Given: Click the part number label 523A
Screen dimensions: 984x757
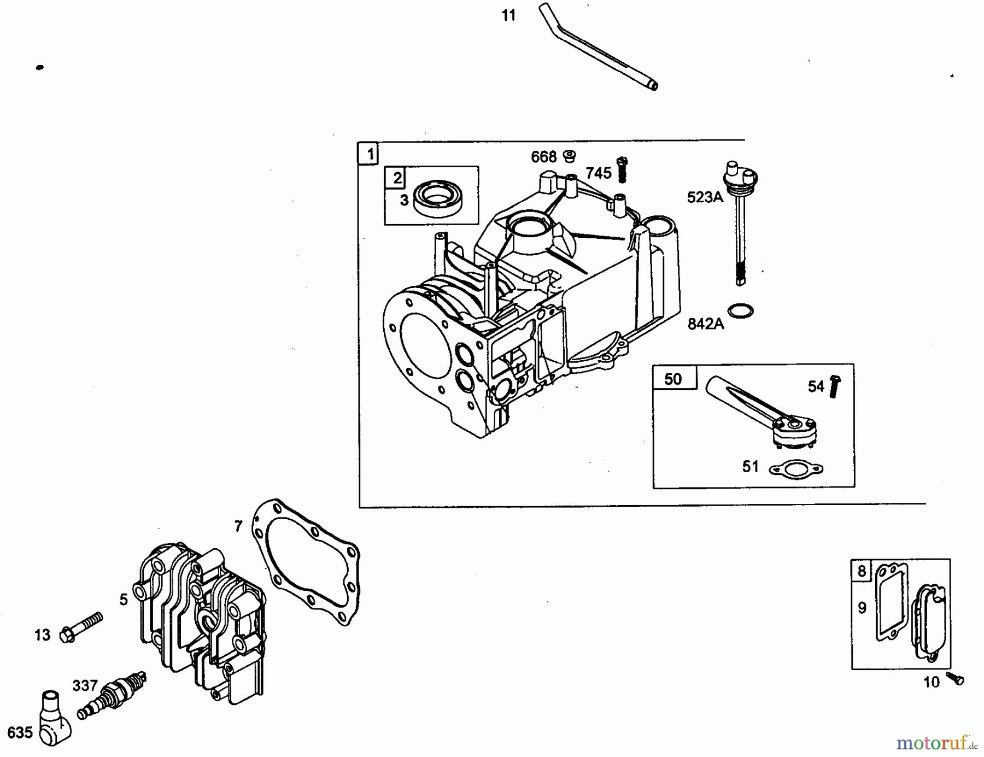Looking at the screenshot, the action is (705, 197).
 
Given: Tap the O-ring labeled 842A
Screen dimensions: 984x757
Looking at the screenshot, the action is (741, 310).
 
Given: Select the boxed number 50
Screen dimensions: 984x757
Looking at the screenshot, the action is (673, 379).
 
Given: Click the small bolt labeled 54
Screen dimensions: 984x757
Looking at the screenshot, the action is (834, 386).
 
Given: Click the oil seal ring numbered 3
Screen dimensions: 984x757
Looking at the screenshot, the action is (437, 199).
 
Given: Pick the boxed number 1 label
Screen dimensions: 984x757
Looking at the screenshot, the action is (370, 154).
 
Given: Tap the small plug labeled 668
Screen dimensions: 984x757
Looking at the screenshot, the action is (570, 156).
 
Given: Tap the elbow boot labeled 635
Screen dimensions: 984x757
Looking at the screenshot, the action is (55, 717).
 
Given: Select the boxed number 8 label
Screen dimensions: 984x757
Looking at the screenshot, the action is (862, 571).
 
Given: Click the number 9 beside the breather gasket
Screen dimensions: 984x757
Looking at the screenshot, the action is (862, 608).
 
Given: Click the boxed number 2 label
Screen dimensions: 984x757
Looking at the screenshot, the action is (397, 177).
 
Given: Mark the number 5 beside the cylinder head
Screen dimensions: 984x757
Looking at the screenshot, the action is (124, 600).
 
